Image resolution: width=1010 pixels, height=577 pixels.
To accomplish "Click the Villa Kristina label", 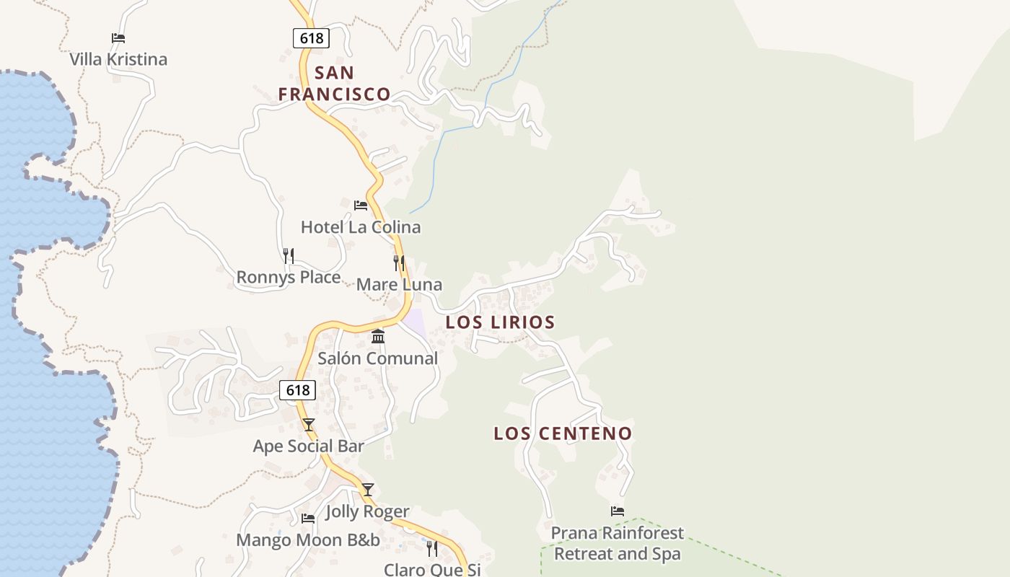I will tap(118, 59).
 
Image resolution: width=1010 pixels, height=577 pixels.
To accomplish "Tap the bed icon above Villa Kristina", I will tap(118, 38).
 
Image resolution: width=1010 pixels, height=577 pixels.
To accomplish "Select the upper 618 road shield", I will tap(311, 38).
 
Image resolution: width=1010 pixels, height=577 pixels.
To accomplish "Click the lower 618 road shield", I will tap(297, 390).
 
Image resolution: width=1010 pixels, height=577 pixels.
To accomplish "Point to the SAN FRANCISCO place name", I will tap(335, 84).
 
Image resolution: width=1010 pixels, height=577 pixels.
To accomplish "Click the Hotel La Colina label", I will tap(361, 227).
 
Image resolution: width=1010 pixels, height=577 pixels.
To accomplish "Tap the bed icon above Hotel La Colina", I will tap(361, 206).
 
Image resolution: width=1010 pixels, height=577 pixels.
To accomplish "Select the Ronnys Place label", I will tap(289, 278).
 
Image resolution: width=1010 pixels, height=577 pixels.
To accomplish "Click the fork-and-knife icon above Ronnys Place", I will tap(289, 256).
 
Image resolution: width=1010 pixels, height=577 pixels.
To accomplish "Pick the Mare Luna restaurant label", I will tap(399, 285).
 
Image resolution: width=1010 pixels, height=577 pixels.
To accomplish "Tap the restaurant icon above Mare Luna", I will tap(399, 263).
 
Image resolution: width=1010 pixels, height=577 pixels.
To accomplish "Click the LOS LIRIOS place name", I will tap(500, 322).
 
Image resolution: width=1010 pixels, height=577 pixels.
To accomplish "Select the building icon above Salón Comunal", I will tap(378, 337).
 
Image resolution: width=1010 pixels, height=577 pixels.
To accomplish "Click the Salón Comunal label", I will tap(378, 358).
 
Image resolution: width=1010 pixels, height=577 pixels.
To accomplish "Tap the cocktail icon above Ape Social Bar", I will tap(309, 425).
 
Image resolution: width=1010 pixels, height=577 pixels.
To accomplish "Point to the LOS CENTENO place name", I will tap(563, 433).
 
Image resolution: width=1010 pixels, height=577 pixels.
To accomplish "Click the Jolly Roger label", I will tap(368, 512).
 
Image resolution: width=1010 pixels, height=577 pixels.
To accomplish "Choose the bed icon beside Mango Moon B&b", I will tap(308, 519).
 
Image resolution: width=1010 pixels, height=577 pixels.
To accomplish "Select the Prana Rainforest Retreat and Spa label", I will tap(618, 544).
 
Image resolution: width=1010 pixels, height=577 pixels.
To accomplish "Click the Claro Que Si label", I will tap(432, 570).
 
